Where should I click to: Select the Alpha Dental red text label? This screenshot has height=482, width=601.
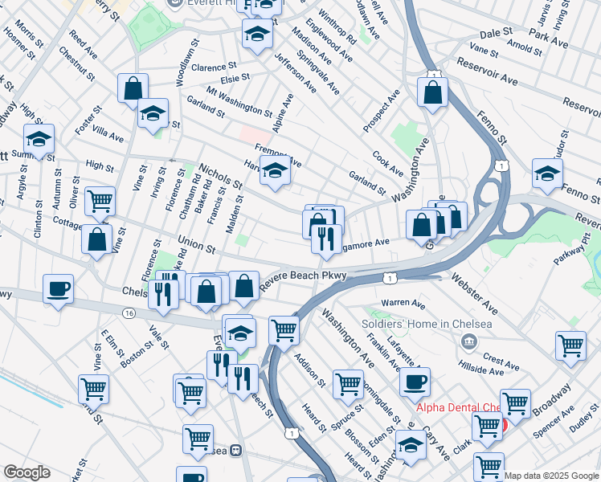[458, 407]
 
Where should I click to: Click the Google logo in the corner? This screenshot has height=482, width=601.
[27, 472]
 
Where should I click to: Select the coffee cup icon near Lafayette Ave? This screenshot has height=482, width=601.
[415, 382]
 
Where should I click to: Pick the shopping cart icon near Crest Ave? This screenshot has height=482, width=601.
[570, 345]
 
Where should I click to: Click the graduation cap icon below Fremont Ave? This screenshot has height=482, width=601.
[275, 170]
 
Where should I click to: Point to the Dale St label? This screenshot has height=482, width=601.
[496, 34]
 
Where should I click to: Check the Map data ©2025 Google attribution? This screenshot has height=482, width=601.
[552, 476]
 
